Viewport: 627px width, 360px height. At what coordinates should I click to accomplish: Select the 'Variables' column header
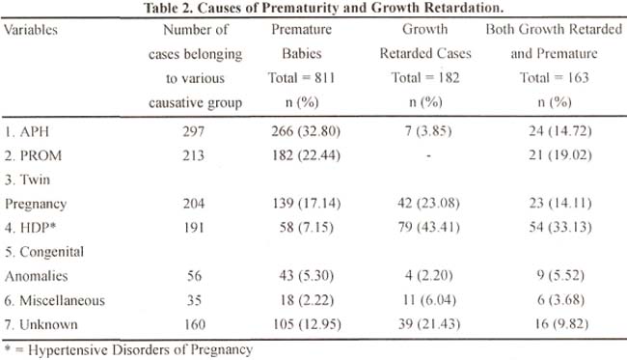(31, 30)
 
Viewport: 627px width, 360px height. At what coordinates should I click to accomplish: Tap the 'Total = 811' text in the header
(301, 77)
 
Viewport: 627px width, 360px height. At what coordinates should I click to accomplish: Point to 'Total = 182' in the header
(425, 77)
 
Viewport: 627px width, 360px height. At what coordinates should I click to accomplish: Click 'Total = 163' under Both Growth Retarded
(555, 77)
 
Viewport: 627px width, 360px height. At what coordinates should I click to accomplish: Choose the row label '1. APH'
(27, 131)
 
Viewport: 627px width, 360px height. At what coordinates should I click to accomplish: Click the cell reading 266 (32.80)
(306, 131)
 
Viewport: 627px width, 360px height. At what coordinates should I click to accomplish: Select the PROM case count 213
(194, 155)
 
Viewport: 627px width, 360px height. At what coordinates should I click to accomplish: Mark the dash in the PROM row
(428, 155)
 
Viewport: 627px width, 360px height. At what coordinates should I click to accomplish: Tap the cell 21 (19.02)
(559, 154)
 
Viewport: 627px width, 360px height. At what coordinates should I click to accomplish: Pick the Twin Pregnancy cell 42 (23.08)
(428, 204)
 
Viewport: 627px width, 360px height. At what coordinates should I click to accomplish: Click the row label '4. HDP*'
(31, 228)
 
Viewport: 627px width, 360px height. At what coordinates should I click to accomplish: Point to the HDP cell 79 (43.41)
(428, 227)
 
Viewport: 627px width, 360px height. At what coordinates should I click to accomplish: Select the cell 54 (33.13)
(560, 227)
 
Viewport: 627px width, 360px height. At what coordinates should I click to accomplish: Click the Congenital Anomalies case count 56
(194, 276)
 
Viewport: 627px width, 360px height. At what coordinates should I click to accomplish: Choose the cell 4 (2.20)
(428, 275)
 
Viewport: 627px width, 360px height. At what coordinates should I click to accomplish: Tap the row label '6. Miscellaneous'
(55, 300)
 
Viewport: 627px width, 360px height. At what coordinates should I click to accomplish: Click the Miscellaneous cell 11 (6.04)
(428, 299)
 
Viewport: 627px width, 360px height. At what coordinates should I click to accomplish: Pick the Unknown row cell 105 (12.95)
(307, 324)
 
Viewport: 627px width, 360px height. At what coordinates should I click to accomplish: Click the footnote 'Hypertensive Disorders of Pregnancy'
(141, 350)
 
